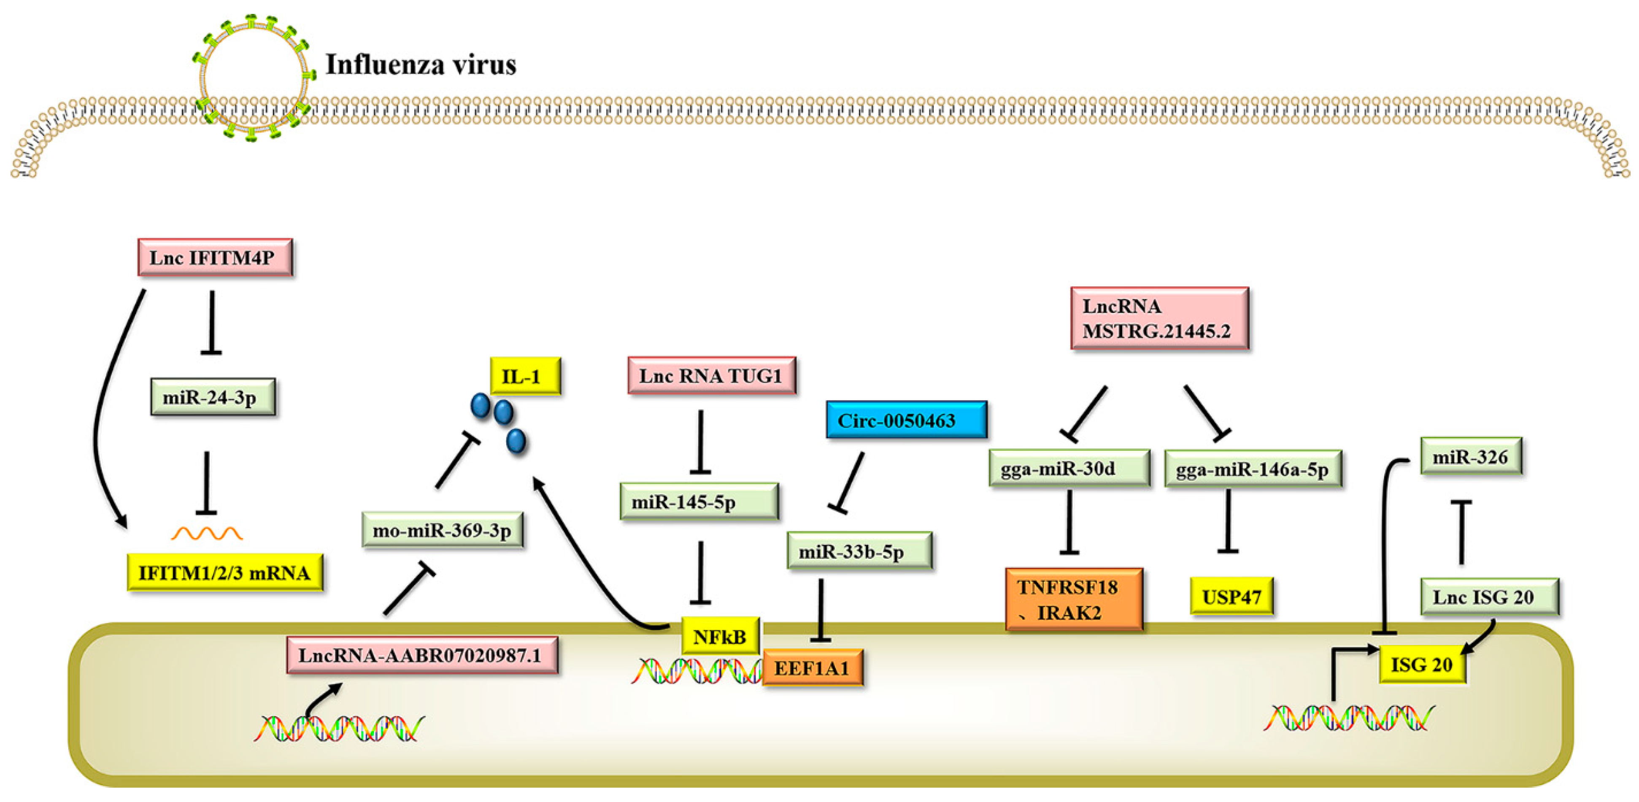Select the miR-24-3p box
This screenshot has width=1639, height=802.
pos(213,398)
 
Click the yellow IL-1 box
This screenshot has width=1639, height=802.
pos(525,377)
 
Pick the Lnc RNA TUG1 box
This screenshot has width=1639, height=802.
pos(711,376)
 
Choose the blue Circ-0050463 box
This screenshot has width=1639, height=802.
pos(906,420)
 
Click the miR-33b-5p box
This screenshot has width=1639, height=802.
pos(859,551)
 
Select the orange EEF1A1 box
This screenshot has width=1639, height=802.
pos(813,668)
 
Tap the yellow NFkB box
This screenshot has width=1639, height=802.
pos(720,635)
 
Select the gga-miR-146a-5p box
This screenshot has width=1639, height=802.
pos(1253,469)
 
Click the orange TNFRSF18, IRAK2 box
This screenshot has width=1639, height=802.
pos(1073,599)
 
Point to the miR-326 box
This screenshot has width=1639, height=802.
pos(1470,456)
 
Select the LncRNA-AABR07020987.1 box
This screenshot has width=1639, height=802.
pos(422,655)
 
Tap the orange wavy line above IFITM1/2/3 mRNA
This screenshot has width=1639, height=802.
pos(207,533)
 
